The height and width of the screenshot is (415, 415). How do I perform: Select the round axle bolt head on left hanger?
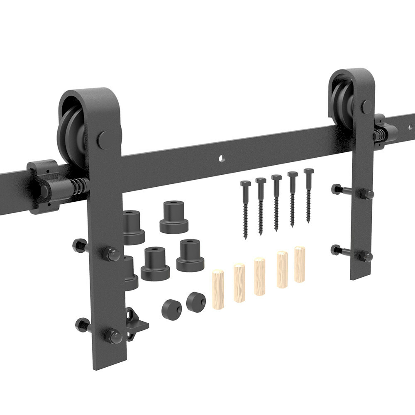104,140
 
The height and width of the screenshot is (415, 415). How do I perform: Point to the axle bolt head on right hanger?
366,106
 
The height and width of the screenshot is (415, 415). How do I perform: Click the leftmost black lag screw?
245,210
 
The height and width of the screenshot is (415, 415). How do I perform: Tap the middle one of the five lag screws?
276,203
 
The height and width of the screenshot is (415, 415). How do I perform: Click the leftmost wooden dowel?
218,289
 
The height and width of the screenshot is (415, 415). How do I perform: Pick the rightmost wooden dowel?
300,264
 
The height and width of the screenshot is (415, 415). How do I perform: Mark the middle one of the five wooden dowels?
259,276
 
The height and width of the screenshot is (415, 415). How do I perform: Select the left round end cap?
171,309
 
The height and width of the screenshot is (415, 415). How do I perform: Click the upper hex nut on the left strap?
111,254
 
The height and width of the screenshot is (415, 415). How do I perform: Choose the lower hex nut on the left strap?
113,335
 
